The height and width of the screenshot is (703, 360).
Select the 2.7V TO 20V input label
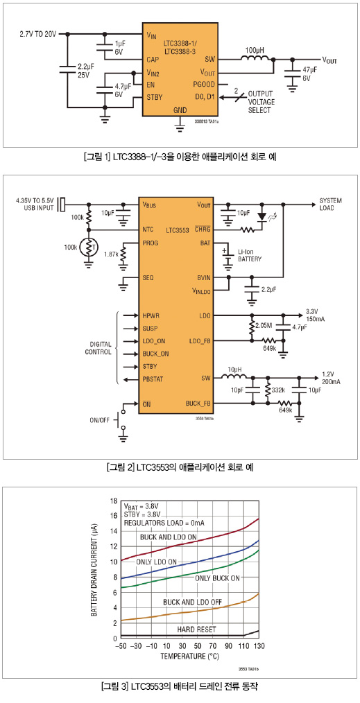tap(38, 34)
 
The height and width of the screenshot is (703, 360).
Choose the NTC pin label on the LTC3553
tap(148, 229)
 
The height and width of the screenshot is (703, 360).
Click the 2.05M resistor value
tap(263, 324)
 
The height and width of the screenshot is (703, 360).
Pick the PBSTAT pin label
tap(153, 379)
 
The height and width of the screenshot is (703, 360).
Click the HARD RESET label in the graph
tap(196, 630)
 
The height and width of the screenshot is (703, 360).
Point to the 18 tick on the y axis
tap(114, 501)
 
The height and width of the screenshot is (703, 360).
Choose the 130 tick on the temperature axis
tap(259, 646)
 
